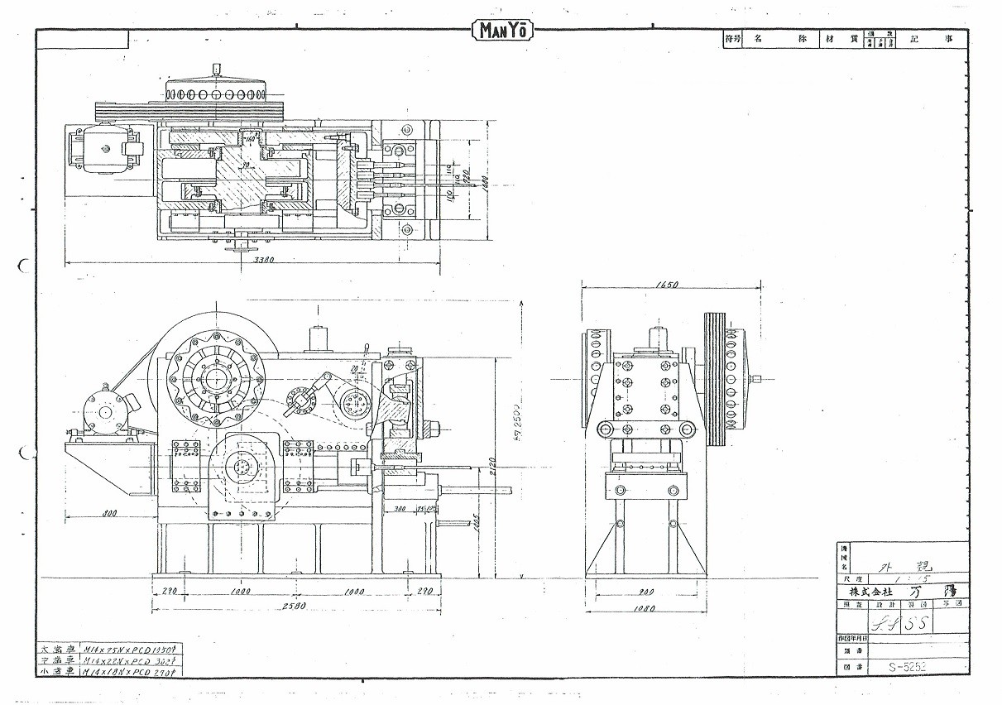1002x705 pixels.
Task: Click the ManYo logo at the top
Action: pyautogui.click(x=502, y=31)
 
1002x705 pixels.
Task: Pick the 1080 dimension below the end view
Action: pyautogui.click(x=645, y=609)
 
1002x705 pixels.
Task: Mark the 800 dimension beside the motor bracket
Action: pyautogui.click(x=108, y=512)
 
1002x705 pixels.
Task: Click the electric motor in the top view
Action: pyautogui.click(x=103, y=150)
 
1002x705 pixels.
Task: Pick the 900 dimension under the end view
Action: pyautogui.click(x=645, y=592)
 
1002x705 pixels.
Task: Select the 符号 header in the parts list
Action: pyautogui.click(x=731, y=40)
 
